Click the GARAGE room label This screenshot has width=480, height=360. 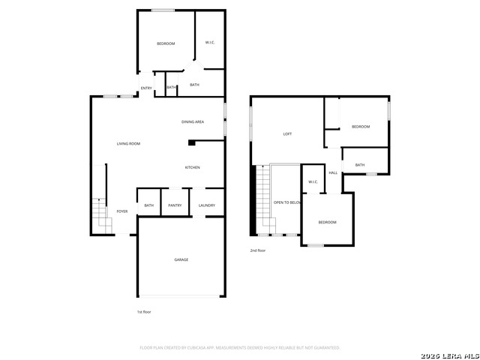coord(181,259)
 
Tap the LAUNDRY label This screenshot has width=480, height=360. coord(207,205)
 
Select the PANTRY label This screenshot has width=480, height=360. coord(175,205)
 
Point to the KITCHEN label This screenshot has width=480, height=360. coord(192,167)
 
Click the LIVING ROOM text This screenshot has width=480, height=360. coord(128,143)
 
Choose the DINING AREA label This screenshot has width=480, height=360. coord(193,121)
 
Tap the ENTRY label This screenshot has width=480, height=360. coord(146,88)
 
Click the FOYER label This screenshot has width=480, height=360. coord(121,211)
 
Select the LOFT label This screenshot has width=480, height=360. coord(287,134)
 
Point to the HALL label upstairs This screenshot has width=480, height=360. coord(333,172)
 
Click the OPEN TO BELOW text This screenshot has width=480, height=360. coord(287,202)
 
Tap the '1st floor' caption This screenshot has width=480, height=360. coord(144,311)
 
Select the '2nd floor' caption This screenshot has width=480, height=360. coord(258,250)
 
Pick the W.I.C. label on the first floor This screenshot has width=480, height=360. coord(210,43)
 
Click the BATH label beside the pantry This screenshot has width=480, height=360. coord(148,205)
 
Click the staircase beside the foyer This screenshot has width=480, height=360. coord(100,214)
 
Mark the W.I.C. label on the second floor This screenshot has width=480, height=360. coord(313,181)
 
